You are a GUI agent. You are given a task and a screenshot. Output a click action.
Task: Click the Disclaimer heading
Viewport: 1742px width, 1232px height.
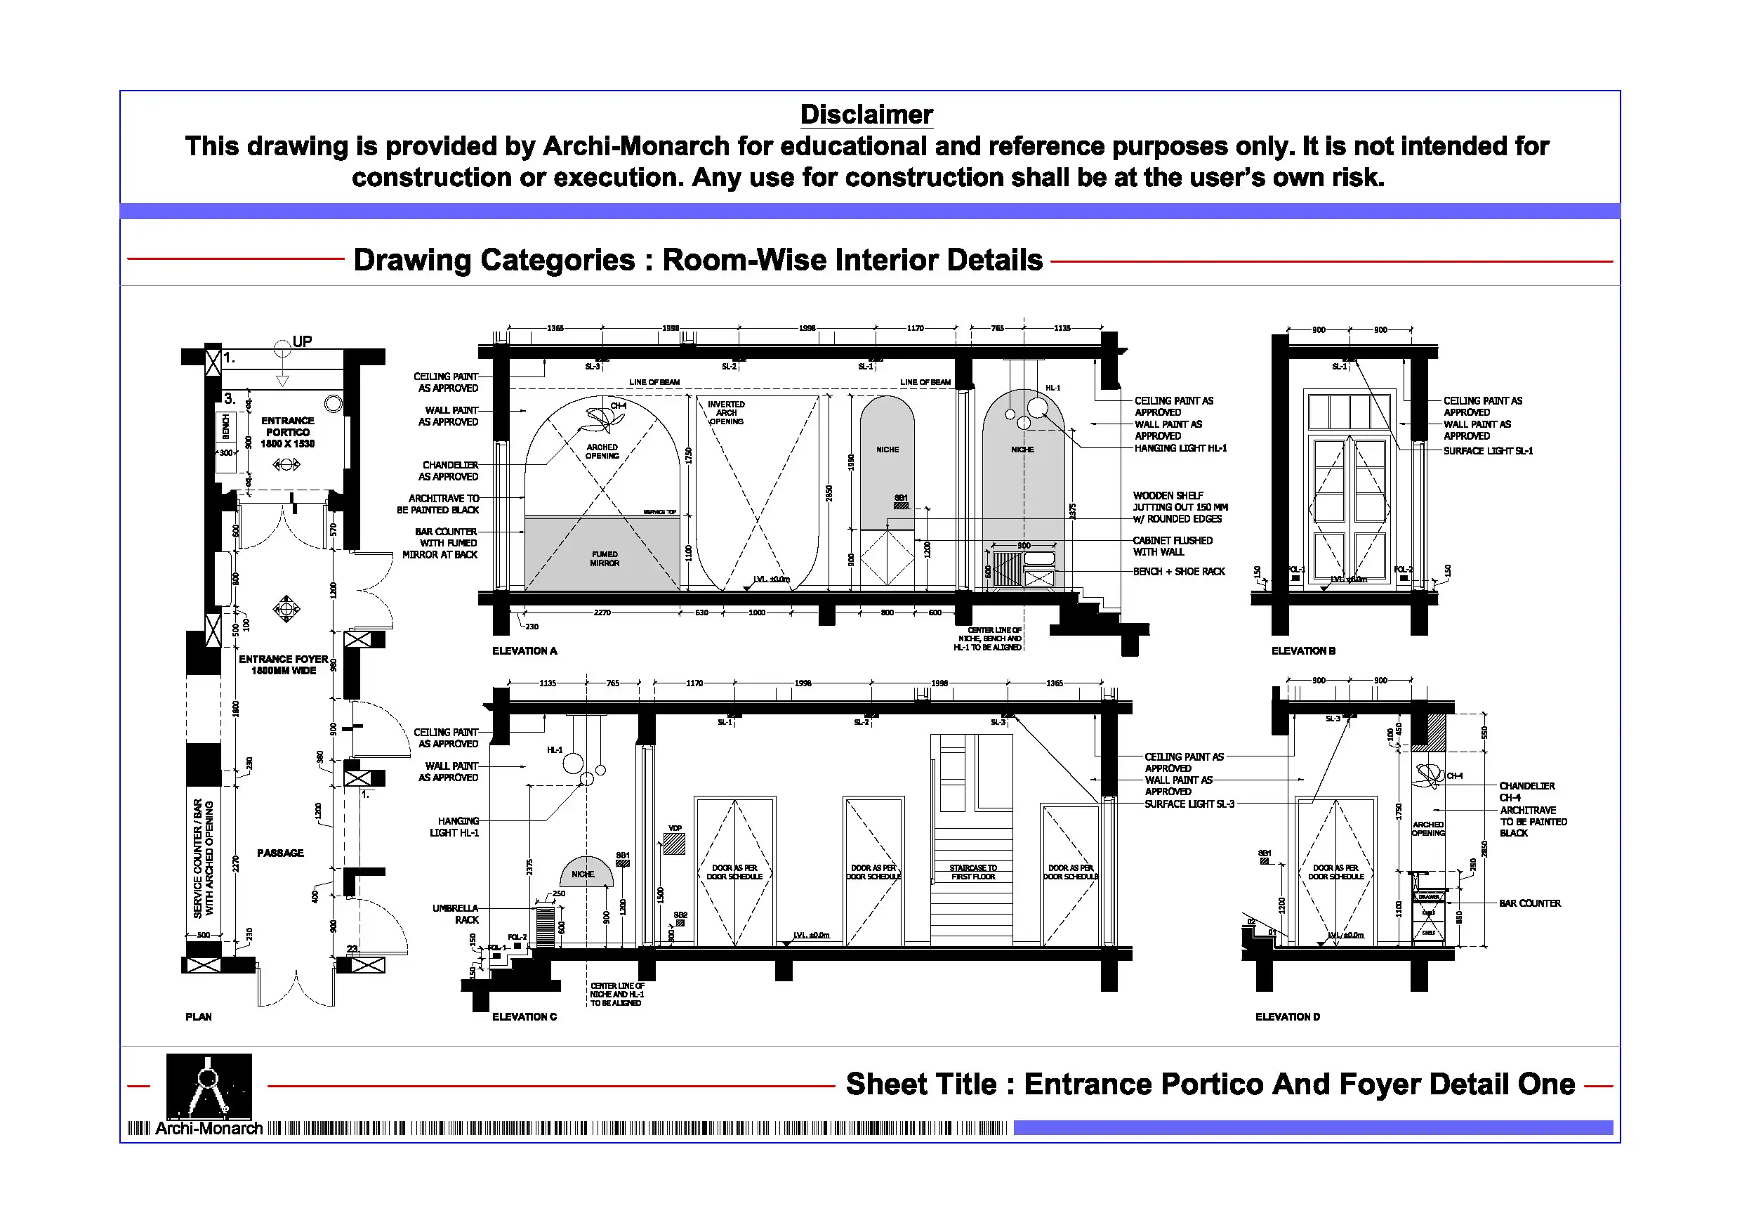click(x=866, y=114)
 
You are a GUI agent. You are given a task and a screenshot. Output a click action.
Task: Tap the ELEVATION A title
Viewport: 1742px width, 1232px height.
click(x=524, y=650)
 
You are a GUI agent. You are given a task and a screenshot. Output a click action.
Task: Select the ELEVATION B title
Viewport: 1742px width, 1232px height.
click(x=1302, y=650)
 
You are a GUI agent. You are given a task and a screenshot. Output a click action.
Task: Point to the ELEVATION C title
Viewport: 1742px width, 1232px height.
click(x=524, y=1016)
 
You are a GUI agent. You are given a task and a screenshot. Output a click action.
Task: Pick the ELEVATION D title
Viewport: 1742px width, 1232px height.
click(x=1287, y=1016)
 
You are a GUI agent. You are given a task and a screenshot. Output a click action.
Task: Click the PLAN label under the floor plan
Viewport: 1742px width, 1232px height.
click(x=199, y=1016)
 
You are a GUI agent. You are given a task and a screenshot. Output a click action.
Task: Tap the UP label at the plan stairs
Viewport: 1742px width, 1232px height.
click(x=302, y=341)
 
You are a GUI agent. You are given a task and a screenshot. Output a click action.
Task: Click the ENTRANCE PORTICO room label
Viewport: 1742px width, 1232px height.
click(x=288, y=432)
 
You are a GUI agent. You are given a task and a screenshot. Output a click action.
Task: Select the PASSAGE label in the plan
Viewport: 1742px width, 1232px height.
click(x=280, y=853)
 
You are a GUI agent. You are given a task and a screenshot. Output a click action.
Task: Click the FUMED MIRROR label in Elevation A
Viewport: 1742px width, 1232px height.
click(x=605, y=558)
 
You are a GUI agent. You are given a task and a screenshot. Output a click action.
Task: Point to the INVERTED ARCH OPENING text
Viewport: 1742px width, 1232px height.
click(x=726, y=413)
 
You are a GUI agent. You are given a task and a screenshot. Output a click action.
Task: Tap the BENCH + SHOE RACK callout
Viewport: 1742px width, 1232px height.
click(x=1178, y=572)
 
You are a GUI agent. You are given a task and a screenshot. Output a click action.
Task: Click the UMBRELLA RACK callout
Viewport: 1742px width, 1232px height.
click(x=456, y=914)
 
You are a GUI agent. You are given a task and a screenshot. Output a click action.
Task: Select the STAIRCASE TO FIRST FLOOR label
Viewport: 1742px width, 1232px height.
click(x=972, y=872)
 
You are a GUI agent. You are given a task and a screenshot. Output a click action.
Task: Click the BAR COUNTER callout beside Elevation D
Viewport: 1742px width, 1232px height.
click(x=1529, y=903)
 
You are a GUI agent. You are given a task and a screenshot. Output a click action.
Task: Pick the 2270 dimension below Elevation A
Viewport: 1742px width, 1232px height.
click(x=602, y=612)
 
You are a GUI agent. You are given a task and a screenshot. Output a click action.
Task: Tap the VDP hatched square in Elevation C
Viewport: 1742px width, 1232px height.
click(x=674, y=844)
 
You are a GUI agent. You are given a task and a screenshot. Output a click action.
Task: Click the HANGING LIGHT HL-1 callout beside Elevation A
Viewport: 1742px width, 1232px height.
click(x=1180, y=449)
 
